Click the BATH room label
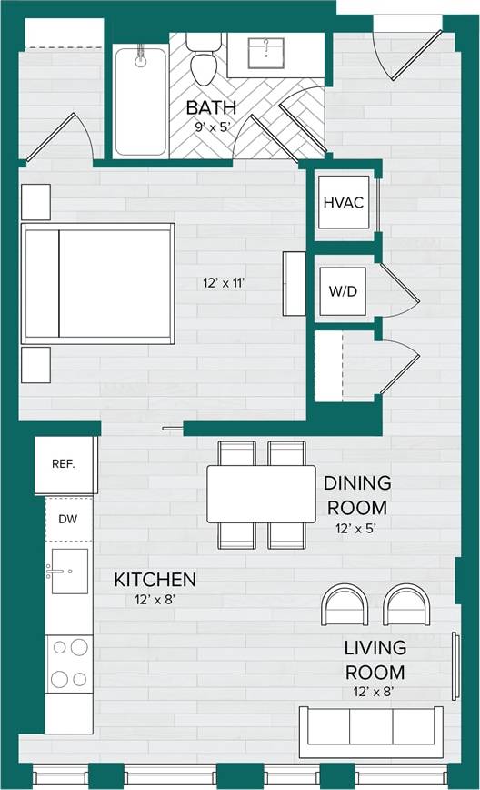tap(211, 107)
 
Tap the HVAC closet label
tap(344, 202)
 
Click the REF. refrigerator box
tap(65, 464)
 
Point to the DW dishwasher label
tap(68, 519)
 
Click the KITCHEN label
tap(155, 579)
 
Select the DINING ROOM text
tap(357, 495)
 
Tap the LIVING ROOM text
tap(374, 661)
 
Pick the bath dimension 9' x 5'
tap(211, 127)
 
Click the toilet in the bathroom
tap(201, 60)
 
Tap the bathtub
tap(141, 100)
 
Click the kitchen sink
tap(69, 571)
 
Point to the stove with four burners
tap(69, 663)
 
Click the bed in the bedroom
tap(98, 283)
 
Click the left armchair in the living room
tap(345, 604)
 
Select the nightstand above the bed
tap(35, 201)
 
